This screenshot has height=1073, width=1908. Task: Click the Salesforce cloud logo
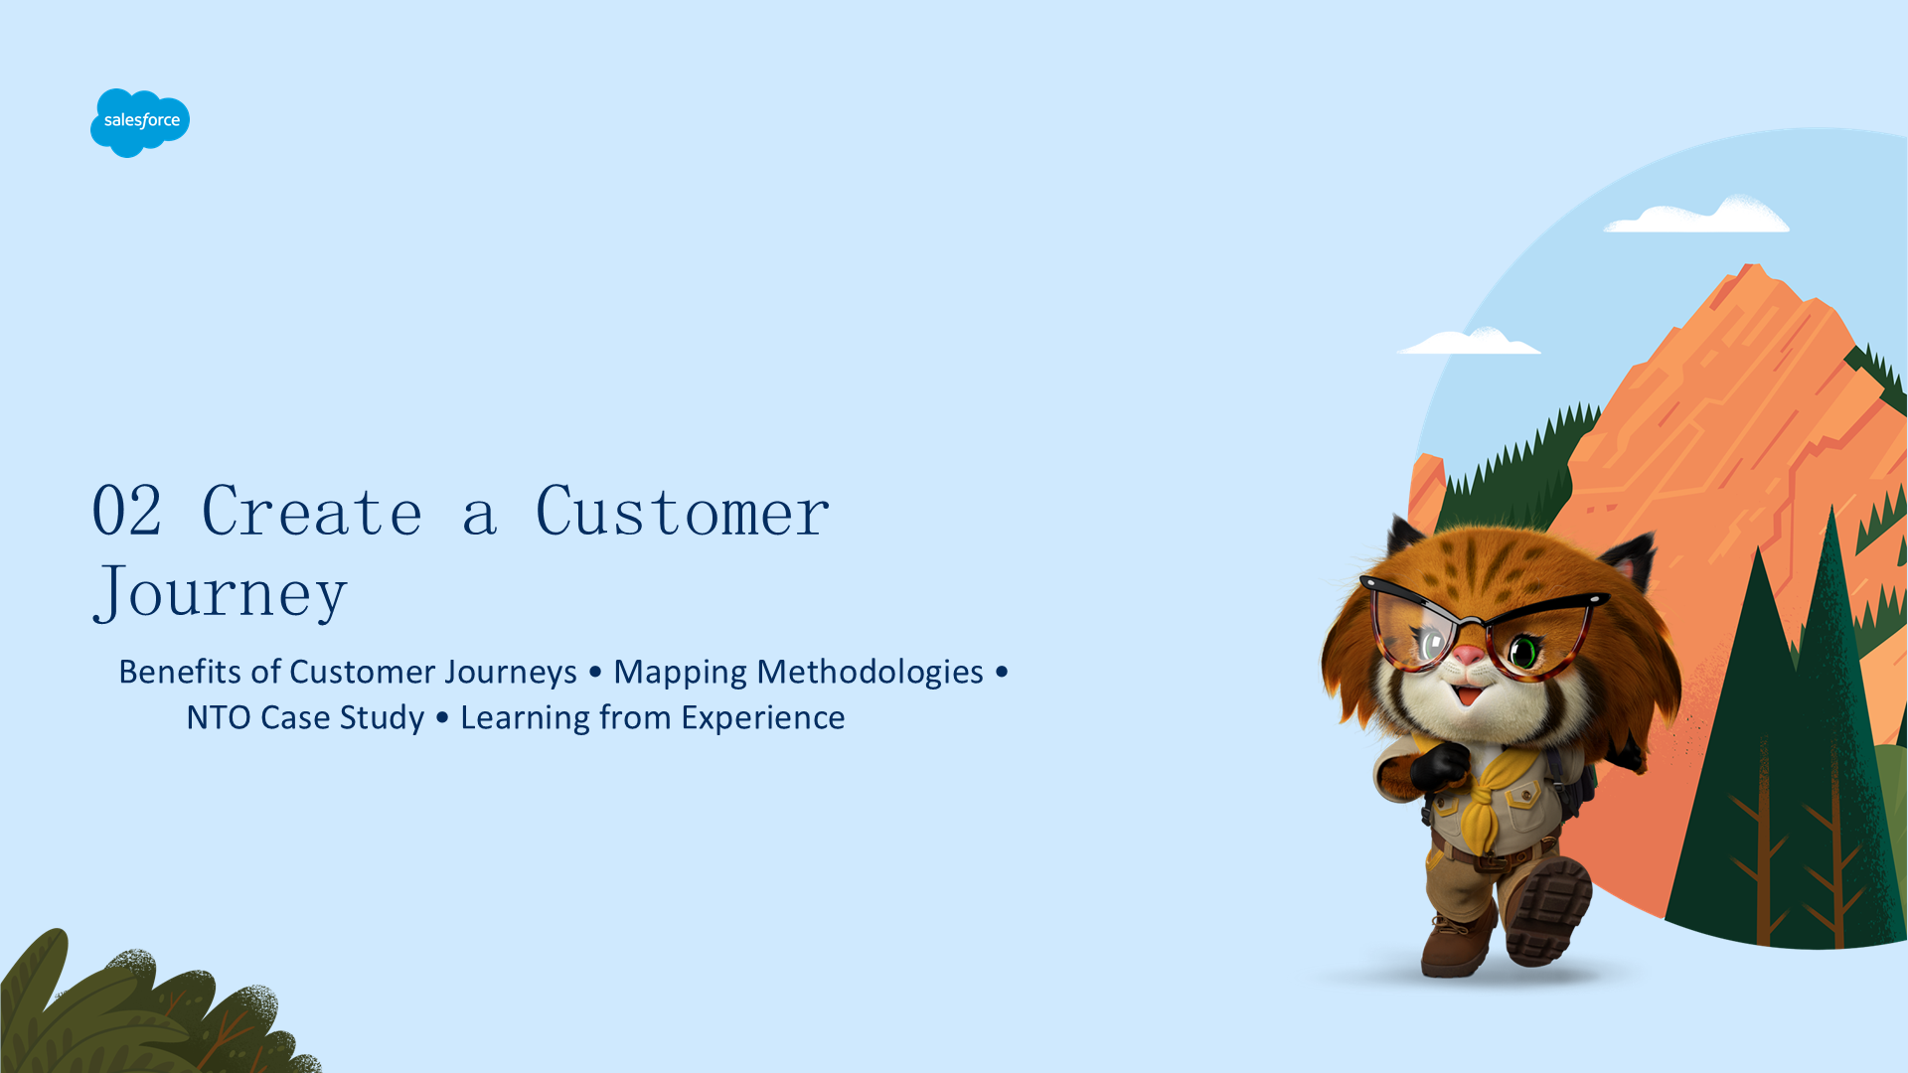[x=140, y=122]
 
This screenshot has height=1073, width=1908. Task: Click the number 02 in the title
[x=126, y=512]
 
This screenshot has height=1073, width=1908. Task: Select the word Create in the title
[x=312, y=512]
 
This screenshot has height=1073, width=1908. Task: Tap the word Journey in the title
[x=220, y=593]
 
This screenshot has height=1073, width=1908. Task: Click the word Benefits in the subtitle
[x=180, y=672]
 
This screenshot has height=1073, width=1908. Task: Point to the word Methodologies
[x=870, y=673]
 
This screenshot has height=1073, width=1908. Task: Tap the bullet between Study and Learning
[x=442, y=717]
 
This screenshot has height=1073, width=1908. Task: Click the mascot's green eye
[x=1522, y=652]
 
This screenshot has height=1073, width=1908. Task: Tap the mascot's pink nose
[x=1468, y=656]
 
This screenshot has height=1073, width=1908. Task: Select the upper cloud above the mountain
[x=1697, y=215]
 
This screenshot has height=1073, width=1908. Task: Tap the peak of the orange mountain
[x=1751, y=266]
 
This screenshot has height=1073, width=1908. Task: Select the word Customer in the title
[x=682, y=512]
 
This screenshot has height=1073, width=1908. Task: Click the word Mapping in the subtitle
[x=680, y=673]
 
